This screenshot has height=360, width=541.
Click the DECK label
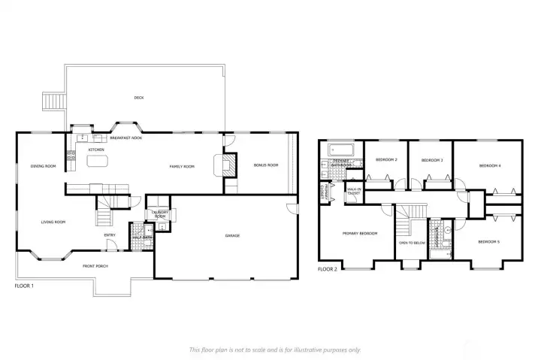tap(138, 98)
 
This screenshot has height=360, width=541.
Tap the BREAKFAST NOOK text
tap(126, 138)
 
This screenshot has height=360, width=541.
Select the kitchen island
tap(99, 160)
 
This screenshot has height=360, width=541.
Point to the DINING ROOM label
tap(43, 166)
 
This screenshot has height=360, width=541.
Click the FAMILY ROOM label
tap(181, 166)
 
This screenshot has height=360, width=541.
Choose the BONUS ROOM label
tap(266, 165)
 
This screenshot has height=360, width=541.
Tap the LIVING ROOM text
tap(53, 222)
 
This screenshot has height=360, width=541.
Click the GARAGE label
tap(232, 236)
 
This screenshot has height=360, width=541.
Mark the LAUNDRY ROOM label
tap(159, 214)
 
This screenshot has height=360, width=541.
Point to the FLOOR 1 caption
tap(24, 286)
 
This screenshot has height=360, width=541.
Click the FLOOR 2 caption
tap(327, 268)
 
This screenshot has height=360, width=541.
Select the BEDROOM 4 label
tap(489, 165)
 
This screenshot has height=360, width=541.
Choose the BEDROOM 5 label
tap(488, 241)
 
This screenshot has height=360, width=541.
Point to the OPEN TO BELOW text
tap(412, 243)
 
